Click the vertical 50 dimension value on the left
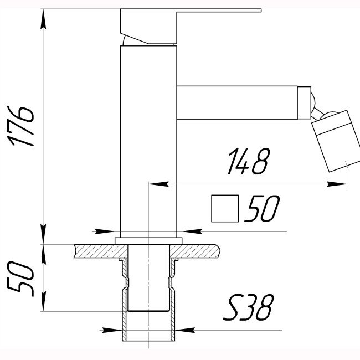click(x=20, y=279)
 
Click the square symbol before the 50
click(x=225, y=209)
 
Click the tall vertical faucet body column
click(x=148, y=138)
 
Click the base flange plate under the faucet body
click(x=148, y=240)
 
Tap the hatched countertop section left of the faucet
click(x=94, y=251)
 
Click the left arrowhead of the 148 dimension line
click(x=157, y=184)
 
